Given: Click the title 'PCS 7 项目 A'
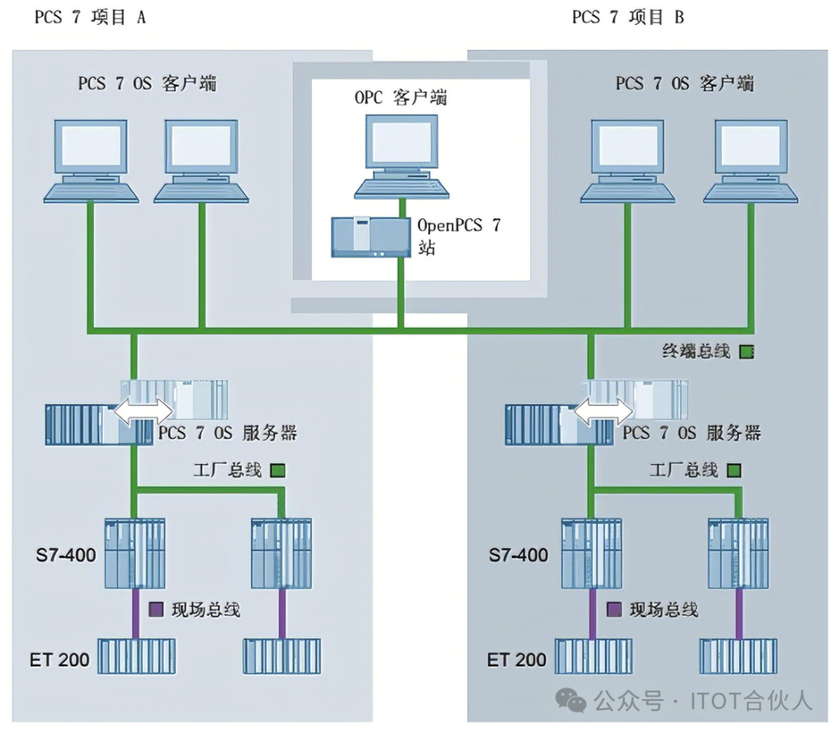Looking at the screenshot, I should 90,17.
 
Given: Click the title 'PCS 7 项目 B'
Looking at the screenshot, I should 628,17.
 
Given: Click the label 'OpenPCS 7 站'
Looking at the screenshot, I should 459,237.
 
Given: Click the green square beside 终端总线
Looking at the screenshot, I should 747,352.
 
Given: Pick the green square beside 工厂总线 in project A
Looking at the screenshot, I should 278,471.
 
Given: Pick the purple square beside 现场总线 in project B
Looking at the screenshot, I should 614,609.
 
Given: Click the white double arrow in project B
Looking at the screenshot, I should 604,410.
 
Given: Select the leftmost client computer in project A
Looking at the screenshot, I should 90,160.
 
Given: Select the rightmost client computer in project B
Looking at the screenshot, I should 751,160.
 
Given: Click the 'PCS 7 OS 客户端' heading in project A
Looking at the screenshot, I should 148,83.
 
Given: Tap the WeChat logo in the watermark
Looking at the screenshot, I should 576,701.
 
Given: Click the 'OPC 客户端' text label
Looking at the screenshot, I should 401,99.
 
